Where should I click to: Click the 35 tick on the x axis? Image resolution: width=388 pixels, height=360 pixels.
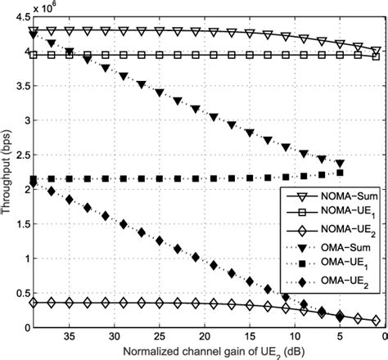click(x=70, y=337)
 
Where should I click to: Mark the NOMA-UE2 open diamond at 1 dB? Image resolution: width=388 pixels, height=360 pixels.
click(x=376, y=321)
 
